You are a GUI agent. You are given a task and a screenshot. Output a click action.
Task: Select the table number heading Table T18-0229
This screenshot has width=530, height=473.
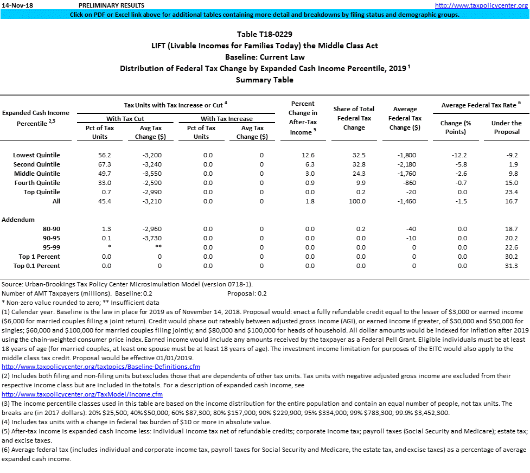point(264,34)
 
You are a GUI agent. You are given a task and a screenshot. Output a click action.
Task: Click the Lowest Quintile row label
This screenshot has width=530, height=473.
point(36,155)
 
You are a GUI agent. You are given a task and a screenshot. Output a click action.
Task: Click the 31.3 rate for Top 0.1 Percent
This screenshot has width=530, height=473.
point(511,266)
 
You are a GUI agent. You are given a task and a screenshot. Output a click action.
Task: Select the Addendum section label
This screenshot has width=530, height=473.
point(18,220)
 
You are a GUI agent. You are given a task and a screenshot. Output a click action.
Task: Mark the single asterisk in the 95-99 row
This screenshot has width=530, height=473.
point(110,247)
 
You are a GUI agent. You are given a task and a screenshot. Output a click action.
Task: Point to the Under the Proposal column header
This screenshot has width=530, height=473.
point(506,127)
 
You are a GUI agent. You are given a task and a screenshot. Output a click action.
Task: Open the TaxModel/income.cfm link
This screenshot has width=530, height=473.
point(82,394)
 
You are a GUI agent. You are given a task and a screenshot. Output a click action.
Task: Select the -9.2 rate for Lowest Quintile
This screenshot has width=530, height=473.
point(511,155)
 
